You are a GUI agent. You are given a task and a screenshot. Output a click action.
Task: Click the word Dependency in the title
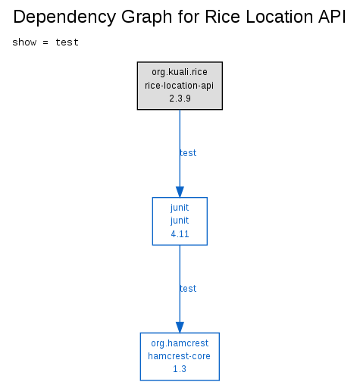coord(64,17)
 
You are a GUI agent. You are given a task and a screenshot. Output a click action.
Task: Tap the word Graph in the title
coord(146,17)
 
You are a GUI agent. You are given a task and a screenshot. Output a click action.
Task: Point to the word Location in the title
coord(279,17)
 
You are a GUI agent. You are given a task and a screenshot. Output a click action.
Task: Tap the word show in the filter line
coord(24,42)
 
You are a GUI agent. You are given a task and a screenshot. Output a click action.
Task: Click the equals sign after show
coord(45,42)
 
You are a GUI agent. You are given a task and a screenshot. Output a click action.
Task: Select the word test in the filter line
coord(67,42)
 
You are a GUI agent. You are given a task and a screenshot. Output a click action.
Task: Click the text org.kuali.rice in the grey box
coord(180,72)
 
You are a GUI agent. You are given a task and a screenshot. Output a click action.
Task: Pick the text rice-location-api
coord(179,86)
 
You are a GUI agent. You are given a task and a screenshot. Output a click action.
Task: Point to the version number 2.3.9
coord(180,99)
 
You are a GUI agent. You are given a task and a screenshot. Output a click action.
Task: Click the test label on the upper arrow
coord(188,153)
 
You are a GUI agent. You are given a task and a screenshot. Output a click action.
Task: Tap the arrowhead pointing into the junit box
coord(180,192)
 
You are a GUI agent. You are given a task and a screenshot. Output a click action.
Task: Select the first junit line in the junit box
coord(180,208)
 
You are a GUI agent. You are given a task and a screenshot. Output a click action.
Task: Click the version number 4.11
coord(180,234)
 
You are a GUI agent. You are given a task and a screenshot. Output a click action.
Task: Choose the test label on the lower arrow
coord(188,289)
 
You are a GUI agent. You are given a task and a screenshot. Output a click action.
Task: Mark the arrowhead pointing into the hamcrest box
coord(180,327)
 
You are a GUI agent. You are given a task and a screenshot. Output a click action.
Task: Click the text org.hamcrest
coord(180,343)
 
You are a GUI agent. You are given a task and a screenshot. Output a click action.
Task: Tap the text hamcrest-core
coord(179,356)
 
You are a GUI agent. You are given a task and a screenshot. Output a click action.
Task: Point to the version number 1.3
coord(180,369)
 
